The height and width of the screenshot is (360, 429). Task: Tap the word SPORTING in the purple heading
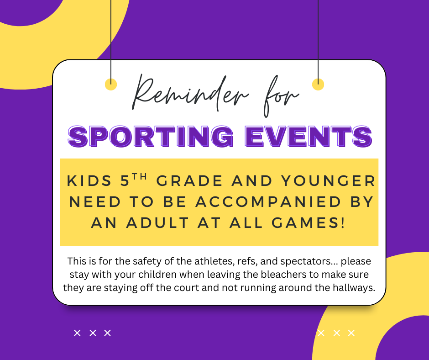coord(151,136)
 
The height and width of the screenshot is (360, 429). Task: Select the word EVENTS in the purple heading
coord(309,136)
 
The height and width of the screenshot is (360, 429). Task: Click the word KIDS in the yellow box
coord(89,181)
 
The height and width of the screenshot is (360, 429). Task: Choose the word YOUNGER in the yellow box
coord(328,181)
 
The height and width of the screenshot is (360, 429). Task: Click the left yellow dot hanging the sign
coord(111,84)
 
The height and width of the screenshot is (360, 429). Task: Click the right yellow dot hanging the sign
coord(318,84)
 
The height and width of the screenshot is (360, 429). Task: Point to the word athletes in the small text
coord(214,262)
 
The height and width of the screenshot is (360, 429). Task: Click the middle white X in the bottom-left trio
coord(93,333)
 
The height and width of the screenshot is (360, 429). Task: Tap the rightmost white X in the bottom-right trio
coord(351,333)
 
